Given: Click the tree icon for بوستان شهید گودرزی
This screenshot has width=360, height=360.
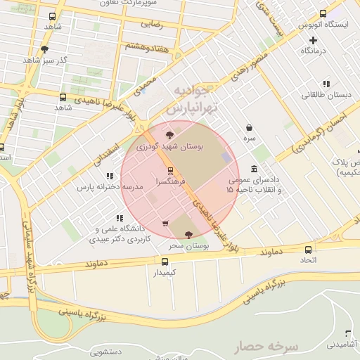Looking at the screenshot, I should tap(168, 134).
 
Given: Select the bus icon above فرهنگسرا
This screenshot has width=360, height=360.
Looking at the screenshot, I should tap(169, 171).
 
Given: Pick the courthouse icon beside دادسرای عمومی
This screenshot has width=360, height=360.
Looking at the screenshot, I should tap(253, 171).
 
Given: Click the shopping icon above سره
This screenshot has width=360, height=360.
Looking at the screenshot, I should tap(250, 128).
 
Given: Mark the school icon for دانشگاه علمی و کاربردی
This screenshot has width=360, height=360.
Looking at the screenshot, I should tap(120, 217).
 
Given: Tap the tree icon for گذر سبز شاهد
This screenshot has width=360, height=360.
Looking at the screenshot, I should tap(46, 49).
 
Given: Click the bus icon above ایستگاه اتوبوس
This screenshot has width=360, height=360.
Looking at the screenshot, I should tap(323, 13).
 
